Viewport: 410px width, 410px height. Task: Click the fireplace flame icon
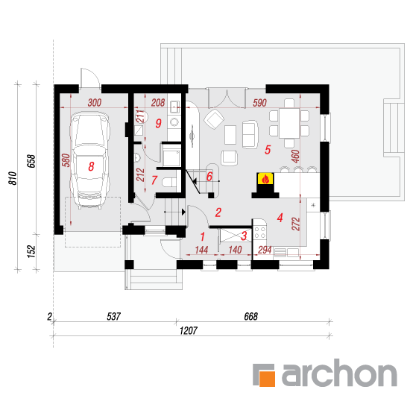(265, 179)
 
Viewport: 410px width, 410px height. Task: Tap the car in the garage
(89, 160)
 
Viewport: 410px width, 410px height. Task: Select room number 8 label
(91, 166)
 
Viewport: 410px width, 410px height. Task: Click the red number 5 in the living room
(268, 150)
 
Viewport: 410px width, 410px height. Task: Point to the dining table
(289, 123)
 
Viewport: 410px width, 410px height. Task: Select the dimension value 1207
(189, 330)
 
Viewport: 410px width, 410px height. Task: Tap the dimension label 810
(13, 178)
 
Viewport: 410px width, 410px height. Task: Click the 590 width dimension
(259, 103)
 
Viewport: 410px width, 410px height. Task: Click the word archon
(339, 373)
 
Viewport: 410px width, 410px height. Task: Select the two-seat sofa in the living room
(250, 134)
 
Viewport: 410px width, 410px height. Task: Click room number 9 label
(159, 123)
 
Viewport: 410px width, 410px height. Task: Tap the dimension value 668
(250, 316)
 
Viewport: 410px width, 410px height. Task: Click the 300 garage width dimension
(95, 103)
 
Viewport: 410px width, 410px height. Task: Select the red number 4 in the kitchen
(280, 218)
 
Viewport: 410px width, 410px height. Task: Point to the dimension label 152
(31, 251)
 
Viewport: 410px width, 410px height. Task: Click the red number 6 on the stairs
(209, 177)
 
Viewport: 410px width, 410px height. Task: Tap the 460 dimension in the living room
(295, 156)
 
